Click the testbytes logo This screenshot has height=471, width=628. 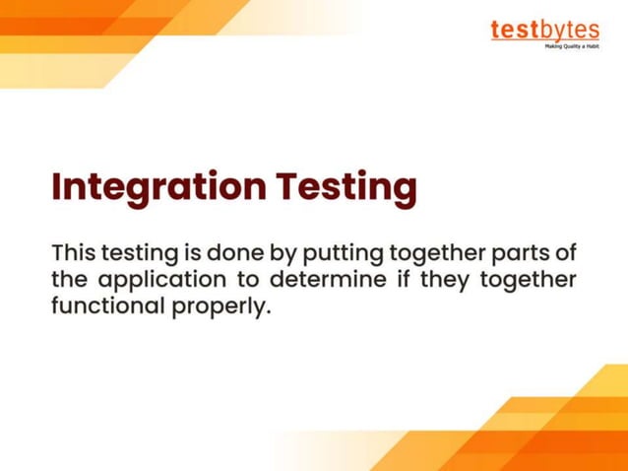544,30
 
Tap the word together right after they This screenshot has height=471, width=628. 529,280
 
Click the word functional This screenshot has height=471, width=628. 108,307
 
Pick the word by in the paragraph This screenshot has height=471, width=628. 272,252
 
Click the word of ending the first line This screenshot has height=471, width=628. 565,252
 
